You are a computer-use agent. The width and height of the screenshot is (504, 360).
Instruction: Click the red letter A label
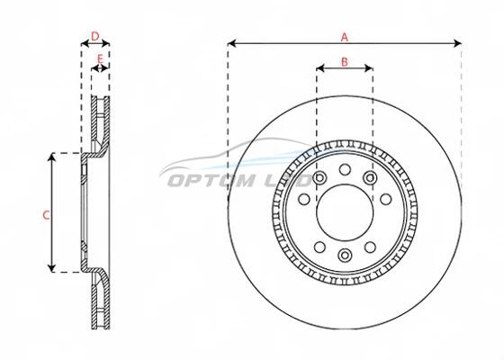[x=344, y=37]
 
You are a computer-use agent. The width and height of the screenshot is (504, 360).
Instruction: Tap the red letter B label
[x=344, y=62]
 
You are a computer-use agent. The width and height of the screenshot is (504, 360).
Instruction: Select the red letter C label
[x=46, y=215]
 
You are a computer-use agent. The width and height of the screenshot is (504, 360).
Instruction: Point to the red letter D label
[x=95, y=36]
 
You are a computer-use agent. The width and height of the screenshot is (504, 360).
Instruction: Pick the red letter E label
[x=100, y=59]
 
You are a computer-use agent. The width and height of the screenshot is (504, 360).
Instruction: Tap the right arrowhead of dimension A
[x=457, y=43]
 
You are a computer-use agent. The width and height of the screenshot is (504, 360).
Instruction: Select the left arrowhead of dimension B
[x=320, y=67]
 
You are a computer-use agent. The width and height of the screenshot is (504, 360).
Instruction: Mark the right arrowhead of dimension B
[x=369, y=67]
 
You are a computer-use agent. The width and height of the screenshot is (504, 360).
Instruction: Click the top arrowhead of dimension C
[x=52, y=157]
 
